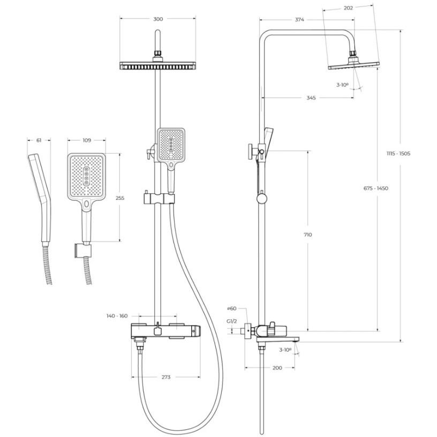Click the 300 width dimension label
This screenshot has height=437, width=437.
158,19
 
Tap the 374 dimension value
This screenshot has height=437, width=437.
299,19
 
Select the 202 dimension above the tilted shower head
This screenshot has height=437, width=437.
348,8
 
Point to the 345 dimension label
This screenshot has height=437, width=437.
311,98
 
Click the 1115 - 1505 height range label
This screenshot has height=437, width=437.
398,153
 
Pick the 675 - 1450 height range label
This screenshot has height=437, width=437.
376,188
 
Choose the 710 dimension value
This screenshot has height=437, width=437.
308,235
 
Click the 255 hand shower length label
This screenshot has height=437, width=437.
120,198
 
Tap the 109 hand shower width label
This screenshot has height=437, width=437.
87,140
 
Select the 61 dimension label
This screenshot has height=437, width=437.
39,140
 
